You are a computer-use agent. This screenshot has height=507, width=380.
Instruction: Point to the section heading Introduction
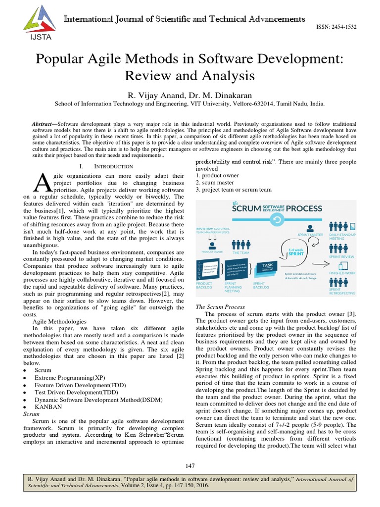[x=107, y=166]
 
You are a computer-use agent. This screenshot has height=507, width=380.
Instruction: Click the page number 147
[x=190, y=465]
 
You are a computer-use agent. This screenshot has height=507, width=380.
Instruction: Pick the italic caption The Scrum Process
[x=221, y=306]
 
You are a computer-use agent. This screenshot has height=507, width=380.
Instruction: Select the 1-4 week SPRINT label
[x=297, y=253]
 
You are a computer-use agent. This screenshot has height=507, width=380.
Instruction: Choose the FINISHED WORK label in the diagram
[x=341, y=273]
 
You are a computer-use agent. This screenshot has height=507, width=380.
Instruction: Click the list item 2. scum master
[x=218, y=182]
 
